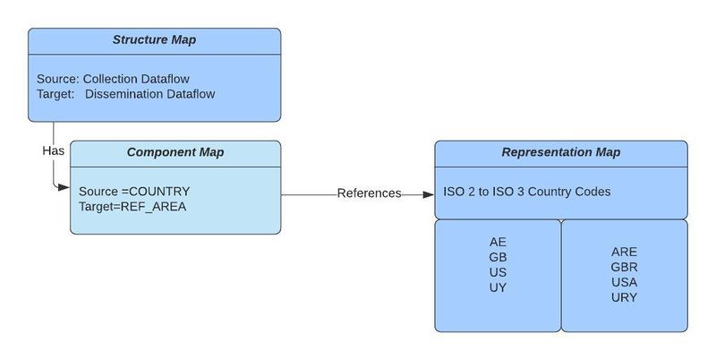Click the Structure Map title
tap(154, 40)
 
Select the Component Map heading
tap(175, 152)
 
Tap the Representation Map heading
tap(560, 152)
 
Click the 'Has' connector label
tap(53, 150)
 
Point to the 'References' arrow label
tap(369, 193)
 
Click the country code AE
tap(498, 242)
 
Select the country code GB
tap(498, 257)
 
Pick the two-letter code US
tap(498, 272)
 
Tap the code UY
tap(498, 287)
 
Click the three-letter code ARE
tap(624, 252)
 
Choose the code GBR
tap(624, 267)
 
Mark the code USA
tap(624, 282)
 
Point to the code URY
tap(624, 297)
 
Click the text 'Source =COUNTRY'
tap(134, 192)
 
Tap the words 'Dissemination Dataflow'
tap(150, 93)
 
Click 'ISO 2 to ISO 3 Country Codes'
tap(527, 192)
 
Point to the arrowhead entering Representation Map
tap(428, 193)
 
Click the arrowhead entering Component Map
tap(64, 187)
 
